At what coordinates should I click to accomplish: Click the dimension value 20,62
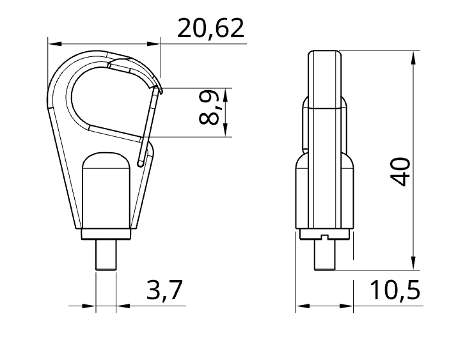click(x=211, y=29)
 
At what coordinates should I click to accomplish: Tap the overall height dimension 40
click(x=400, y=171)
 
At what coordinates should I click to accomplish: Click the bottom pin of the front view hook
click(x=106, y=254)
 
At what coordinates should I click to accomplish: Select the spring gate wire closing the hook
click(x=148, y=124)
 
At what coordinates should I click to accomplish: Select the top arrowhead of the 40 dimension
click(x=414, y=58)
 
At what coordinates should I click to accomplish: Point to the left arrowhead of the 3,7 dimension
click(x=90, y=306)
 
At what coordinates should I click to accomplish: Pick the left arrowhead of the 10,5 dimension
click(x=302, y=306)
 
